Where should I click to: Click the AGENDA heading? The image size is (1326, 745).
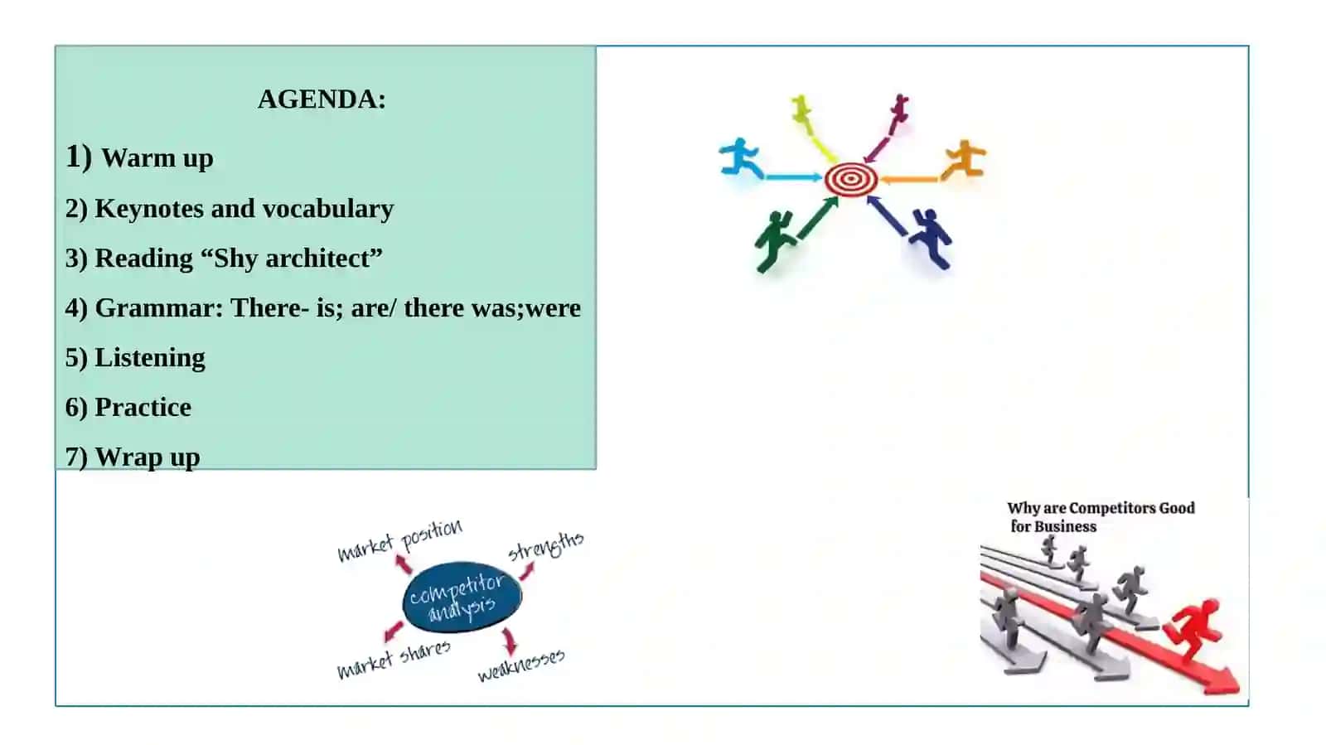322,99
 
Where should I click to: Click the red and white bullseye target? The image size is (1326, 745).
850,179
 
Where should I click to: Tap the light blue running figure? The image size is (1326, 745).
740,157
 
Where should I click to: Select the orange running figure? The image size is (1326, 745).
964,160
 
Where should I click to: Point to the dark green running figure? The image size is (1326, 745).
775,241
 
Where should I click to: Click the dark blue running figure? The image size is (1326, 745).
932,238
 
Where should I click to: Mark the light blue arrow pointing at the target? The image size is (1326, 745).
794,177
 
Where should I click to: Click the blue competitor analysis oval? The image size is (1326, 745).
462,597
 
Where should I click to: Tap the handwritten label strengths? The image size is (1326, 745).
546,545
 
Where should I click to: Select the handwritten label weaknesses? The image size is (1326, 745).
521,665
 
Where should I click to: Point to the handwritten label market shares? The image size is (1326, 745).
394,660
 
